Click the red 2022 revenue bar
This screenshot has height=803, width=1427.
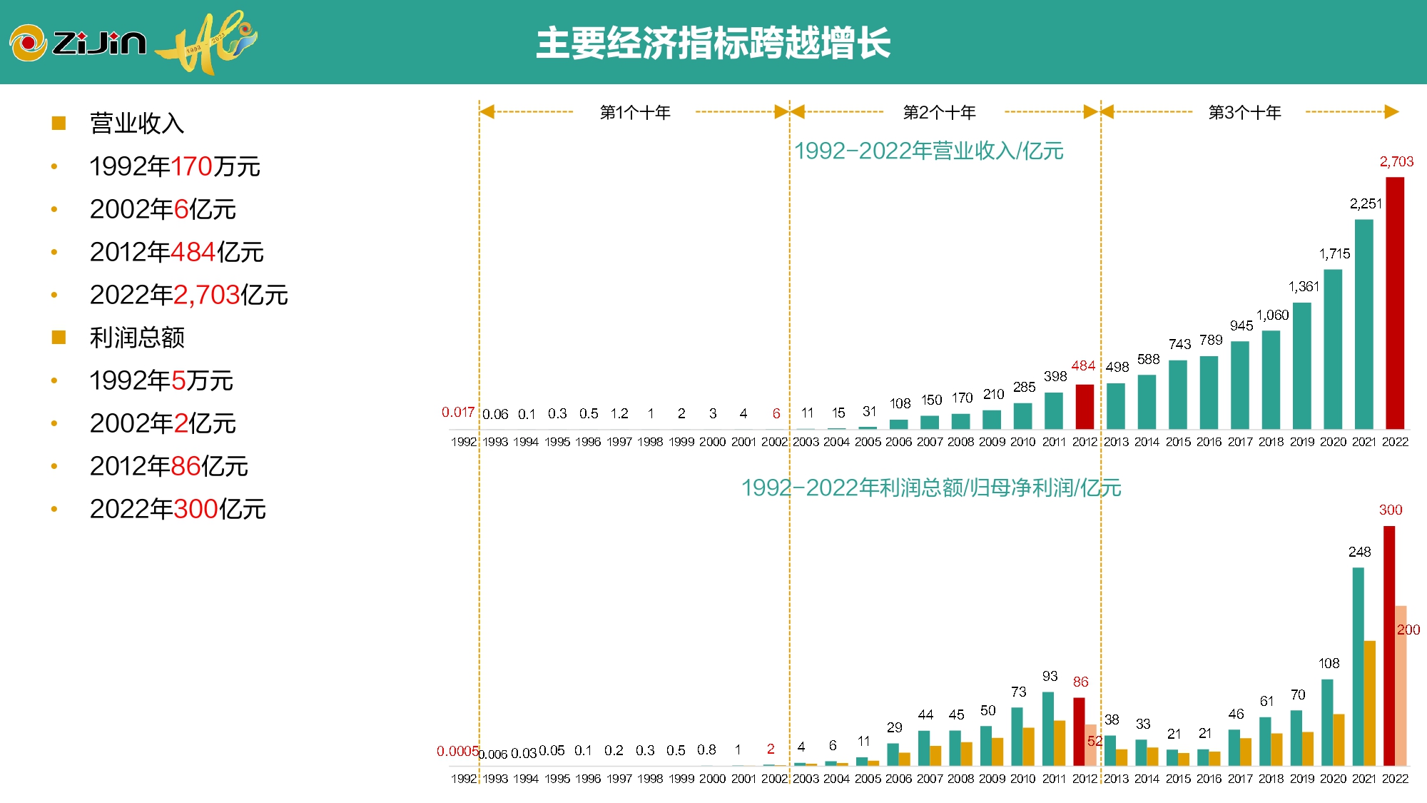click(1394, 303)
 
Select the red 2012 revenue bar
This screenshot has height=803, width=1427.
click(1085, 407)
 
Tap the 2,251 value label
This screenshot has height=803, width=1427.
click(1366, 204)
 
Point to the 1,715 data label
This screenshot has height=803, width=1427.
click(1334, 254)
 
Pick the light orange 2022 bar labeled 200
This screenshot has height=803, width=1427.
click(1401, 685)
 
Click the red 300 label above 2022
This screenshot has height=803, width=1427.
click(1390, 510)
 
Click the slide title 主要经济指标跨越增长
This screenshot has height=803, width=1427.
click(713, 43)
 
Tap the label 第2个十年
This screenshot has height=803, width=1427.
click(939, 113)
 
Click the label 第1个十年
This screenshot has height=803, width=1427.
click(635, 113)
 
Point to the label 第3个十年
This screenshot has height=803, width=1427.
click(1244, 113)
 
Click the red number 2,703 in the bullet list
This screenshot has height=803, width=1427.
click(206, 295)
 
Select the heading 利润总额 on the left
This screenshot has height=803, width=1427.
click(137, 338)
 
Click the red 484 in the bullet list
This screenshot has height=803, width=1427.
click(193, 252)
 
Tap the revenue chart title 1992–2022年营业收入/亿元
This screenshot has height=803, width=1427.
click(929, 151)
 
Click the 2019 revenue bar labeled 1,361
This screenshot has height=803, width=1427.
click(1301, 365)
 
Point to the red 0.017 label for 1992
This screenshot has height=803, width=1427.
click(457, 413)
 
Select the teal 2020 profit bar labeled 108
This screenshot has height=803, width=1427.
click(1327, 722)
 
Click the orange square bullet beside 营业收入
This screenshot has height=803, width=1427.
click(59, 123)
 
